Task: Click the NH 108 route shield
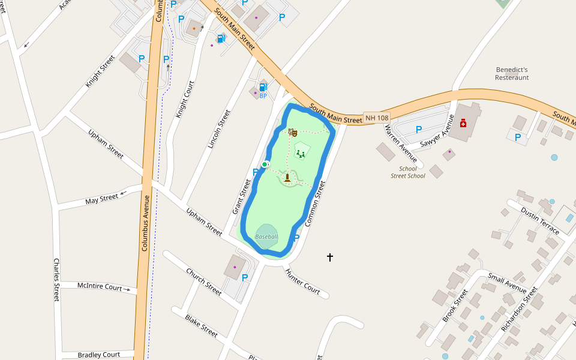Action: pyautogui.click(x=377, y=118)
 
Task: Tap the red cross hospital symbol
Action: pyautogui.click(x=463, y=123)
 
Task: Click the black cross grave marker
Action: pyautogui.click(x=329, y=257)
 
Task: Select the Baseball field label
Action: pyautogui.click(x=266, y=236)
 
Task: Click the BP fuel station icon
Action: pyautogui.click(x=263, y=87)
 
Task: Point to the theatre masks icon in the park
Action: pyautogui.click(x=293, y=132)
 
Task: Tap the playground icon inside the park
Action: pyautogui.click(x=301, y=154)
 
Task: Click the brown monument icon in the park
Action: pyautogui.click(x=287, y=177)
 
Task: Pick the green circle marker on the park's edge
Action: pyautogui.click(x=264, y=164)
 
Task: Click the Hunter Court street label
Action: pyautogui.click(x=303, y=281)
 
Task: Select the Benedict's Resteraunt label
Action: pyautogui.click(x=512, y=74)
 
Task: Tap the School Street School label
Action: pyautogui.click(x=408, y=172)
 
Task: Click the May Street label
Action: pyautogui.click(x=101, y=198)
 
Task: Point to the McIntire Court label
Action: pyautogui.click(x=100, y=286)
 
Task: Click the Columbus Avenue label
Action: pyautogui.click(x=144, y=222)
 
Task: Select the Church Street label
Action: pyautogui.click(x=203, y=281)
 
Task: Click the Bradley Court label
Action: pyautogui.click(x=98, y=355)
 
